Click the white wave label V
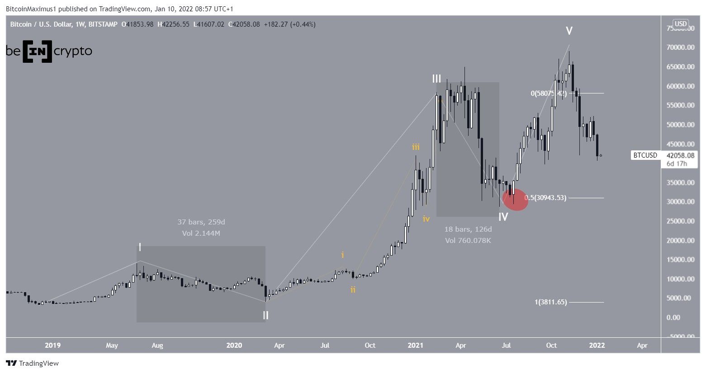click(569, 31)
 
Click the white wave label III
click(436, 79)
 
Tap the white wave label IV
click(503, 217)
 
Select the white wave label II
click(265, 315)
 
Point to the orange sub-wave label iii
click(415, 147)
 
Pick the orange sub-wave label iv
click(426, 219)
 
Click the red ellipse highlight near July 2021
click(515, 199)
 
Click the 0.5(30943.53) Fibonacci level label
click(545, 198)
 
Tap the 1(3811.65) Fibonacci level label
click(550, 302)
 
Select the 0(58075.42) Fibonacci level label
click(549, 93)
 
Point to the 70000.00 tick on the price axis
click(680, 47)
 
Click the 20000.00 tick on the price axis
click(680, 240)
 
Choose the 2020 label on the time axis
click(234, 345)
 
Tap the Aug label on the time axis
click(157, 345)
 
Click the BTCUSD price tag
click(645, 155)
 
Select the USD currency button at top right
click(680, 24)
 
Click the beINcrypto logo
click(49, 51)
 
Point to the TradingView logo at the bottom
click(33, 363)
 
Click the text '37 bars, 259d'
click(201, 222)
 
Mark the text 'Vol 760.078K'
click(468, 240)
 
